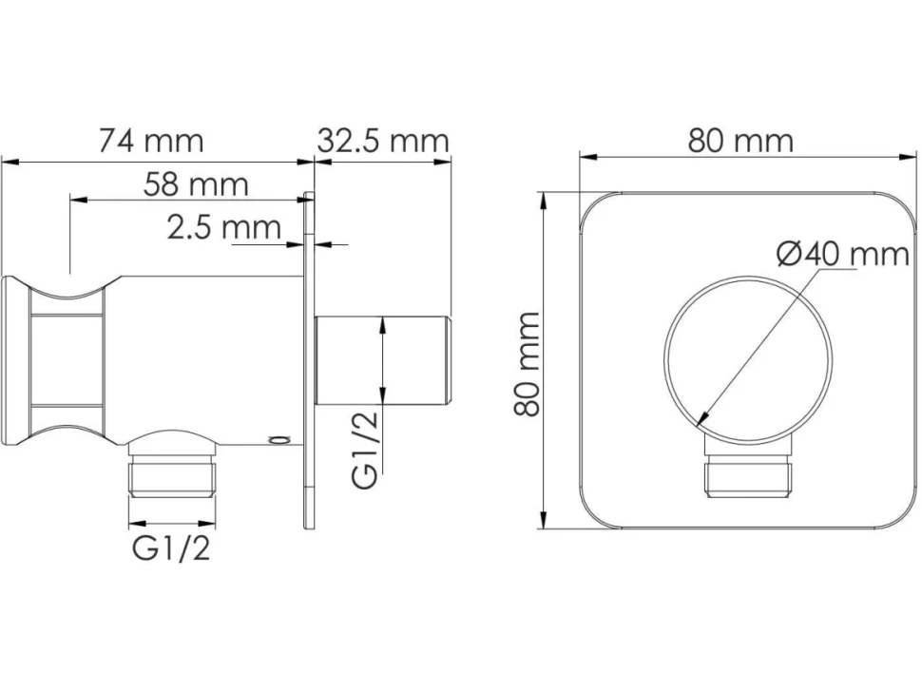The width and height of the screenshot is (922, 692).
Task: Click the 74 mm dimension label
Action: (x=151, y=141)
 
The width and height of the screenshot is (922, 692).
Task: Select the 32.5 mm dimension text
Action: (x=383, y=141)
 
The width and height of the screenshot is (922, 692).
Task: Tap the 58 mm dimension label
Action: (x=197, y=184)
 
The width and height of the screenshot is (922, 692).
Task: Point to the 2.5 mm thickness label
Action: (x=224, y=227)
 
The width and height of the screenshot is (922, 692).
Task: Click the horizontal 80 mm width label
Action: (x=740, y=141)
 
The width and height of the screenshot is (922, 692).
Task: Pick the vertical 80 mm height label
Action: (x=527, y=364)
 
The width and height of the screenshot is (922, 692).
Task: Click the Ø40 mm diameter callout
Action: (x=842, y=254)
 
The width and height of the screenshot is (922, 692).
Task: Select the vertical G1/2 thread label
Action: (x=365, y=450)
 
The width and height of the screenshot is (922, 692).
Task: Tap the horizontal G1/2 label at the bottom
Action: (x=171, y=549)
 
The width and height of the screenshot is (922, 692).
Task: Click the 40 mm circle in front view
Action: (x=665, y=357)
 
